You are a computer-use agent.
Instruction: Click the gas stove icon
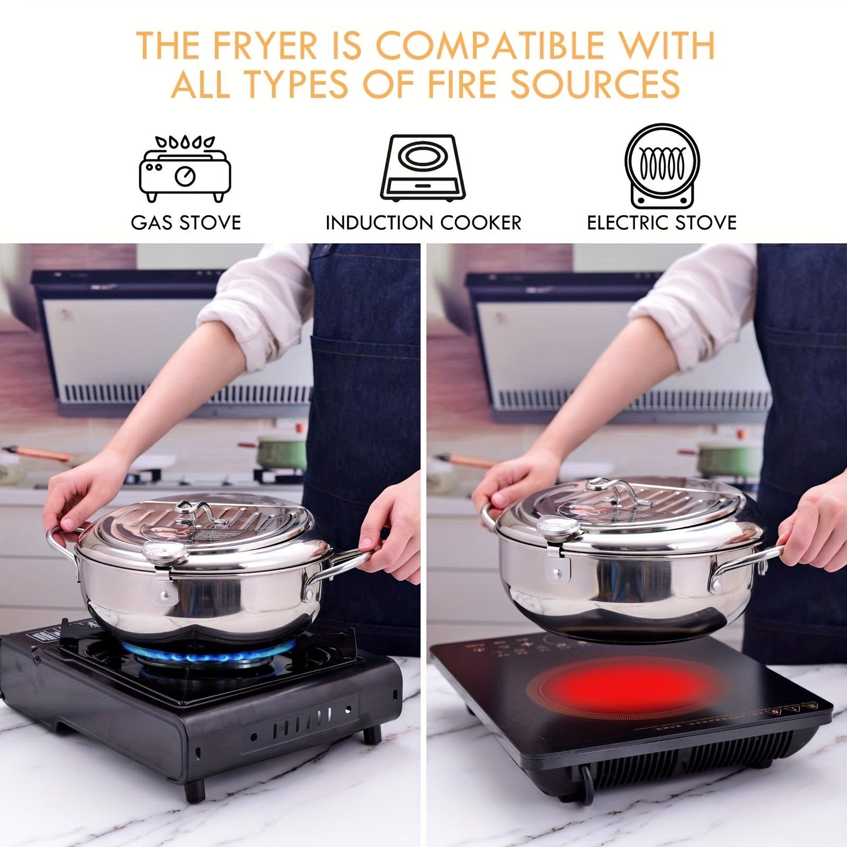185,169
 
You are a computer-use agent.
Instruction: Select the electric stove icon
662,166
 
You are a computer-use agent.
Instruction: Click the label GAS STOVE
186,223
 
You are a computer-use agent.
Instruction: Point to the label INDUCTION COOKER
423,223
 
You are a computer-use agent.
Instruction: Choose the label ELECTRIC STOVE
662,223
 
